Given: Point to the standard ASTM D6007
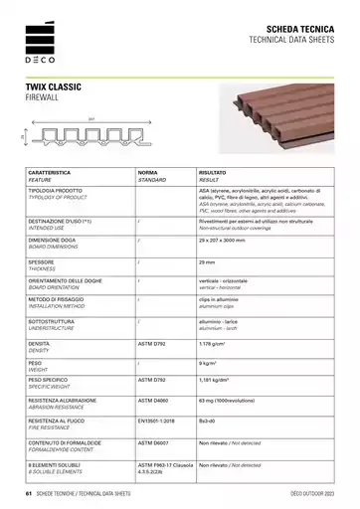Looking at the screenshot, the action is pos(155,442).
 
